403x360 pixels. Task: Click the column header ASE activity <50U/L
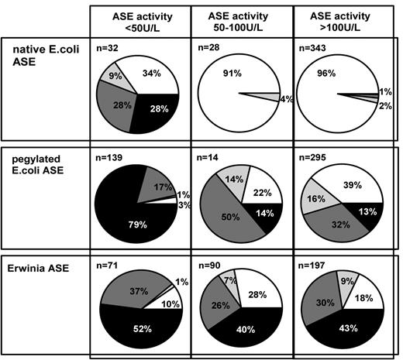140,20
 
